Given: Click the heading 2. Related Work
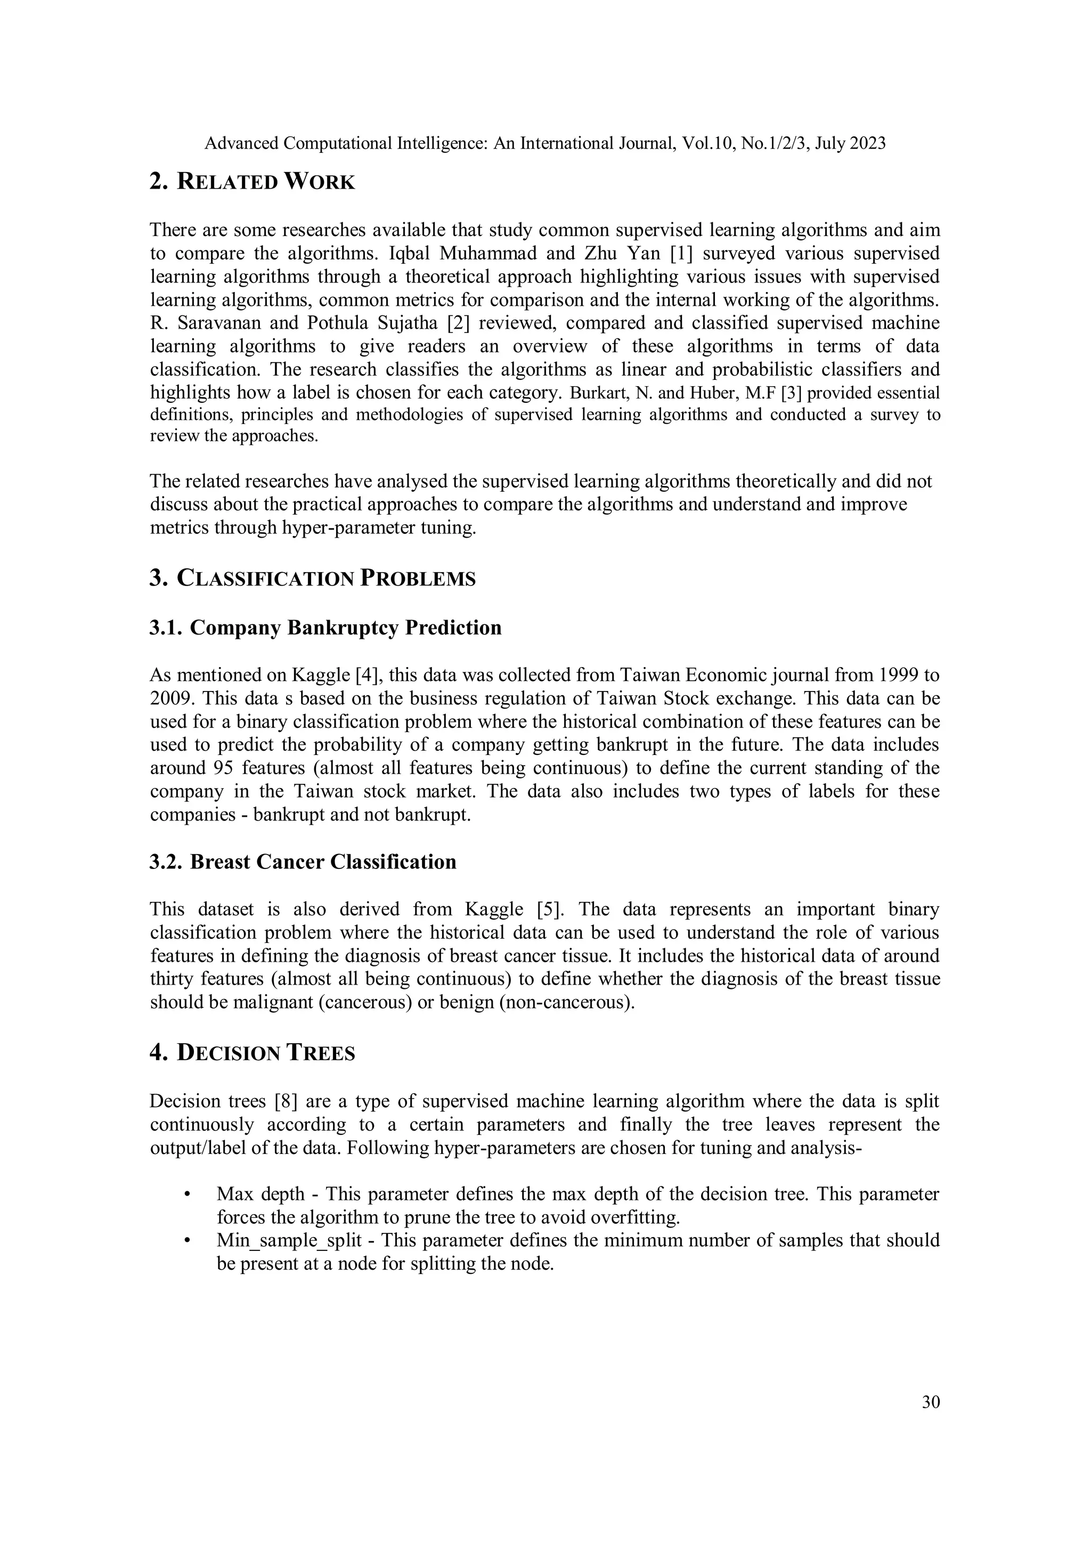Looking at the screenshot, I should click(x=251, y=182).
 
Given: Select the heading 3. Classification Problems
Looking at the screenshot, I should click(x=312, y=578).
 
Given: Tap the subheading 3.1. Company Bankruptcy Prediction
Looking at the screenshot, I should click(x=325, y=628).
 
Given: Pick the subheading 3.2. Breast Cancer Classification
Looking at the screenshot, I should click(x=303, y=862).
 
